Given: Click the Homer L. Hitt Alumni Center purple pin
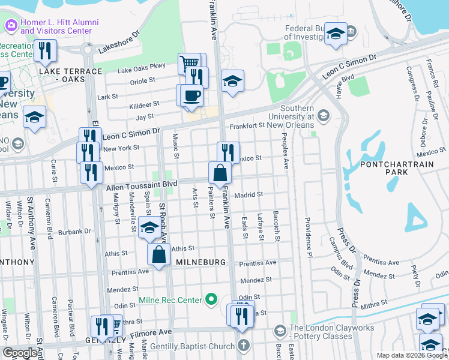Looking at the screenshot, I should (11, 25).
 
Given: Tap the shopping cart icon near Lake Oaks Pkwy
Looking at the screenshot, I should (190, 63).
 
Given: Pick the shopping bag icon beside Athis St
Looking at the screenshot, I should (158, 254).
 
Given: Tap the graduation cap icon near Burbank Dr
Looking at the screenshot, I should (149, 228).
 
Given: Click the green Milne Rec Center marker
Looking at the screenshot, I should (211, 299).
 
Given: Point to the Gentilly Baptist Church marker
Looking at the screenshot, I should (243, 344).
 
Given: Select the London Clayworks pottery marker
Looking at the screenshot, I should (279, 331).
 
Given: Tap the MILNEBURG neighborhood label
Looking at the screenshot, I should (200, 263).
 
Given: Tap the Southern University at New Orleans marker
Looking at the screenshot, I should (324, 115).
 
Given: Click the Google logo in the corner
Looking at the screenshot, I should (20, 352).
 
